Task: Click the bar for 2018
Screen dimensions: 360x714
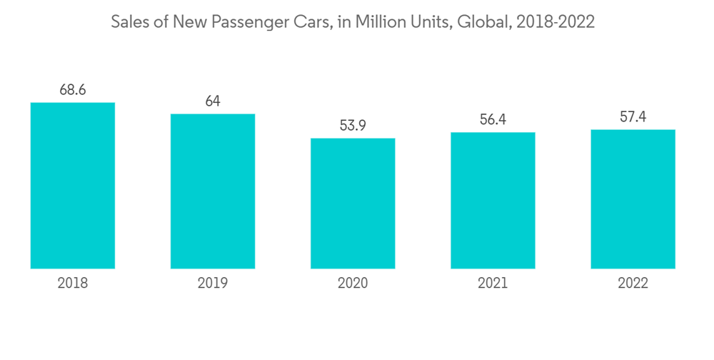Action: [x=73, y=186]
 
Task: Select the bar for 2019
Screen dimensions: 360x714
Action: [x=213, y=191]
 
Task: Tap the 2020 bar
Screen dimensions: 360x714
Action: [x=353, y=204]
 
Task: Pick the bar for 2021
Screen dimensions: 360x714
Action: [x=493, y=201]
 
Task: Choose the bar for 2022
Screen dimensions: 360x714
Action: [x=633, y=199]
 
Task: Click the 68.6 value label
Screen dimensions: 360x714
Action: [x=73, y=90]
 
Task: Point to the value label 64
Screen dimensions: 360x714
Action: [x=213, y=101]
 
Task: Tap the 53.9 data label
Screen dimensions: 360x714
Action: [x=353, y=126]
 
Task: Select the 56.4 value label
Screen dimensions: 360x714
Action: [x=493, y=120]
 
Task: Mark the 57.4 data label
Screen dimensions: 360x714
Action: [x=633, y=117]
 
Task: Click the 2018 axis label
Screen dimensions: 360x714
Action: [x=73, y=284]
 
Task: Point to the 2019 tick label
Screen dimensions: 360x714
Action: [x=213, y=284]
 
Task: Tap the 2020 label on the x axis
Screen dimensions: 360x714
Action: [x=353, y=284]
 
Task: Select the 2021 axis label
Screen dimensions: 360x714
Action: [x=493, y=284]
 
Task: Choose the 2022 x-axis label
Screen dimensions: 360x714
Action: [x=633, y=284]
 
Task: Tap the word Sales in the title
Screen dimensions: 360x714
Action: [x=129, y=22]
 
